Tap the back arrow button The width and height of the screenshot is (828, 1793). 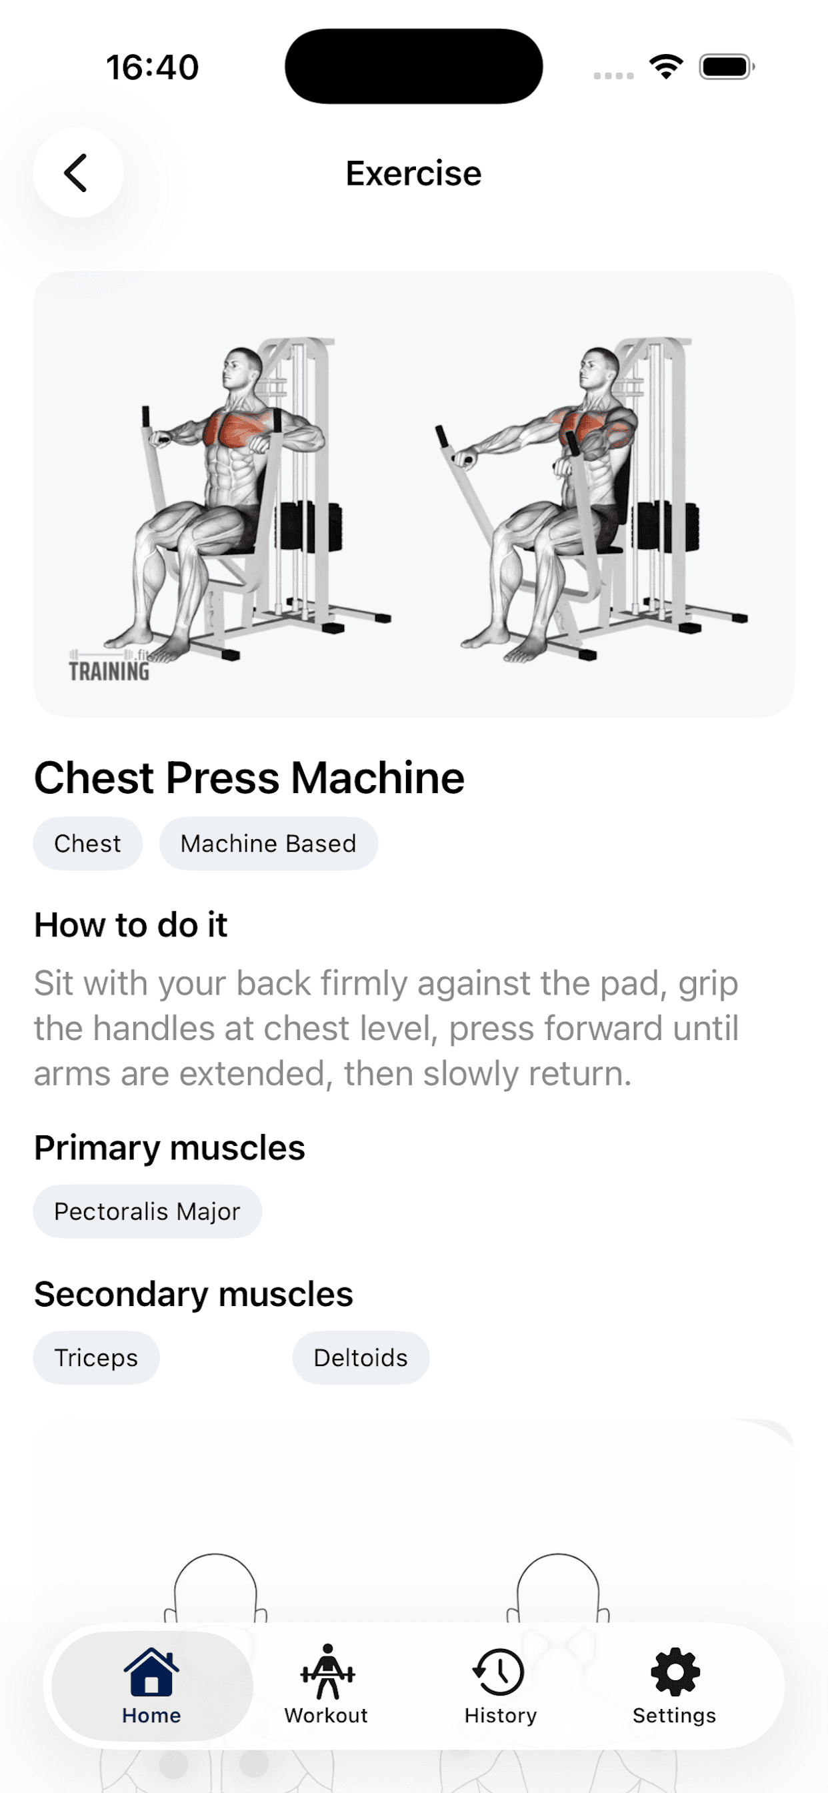tap(78, 173)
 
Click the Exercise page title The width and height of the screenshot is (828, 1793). tap(413, 173)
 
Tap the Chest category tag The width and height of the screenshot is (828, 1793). tap(88, 844)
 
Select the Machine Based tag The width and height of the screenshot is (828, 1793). tap(269, 844)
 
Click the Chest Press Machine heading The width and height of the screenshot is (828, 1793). tap(249, 778)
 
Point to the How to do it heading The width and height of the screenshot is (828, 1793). tap(131, 925)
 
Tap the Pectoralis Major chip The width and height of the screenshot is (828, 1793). tap(147, 1212)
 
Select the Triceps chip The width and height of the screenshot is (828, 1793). tap(97, 1358)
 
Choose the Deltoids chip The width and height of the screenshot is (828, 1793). tap(361, 1358)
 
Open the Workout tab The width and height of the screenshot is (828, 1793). tap(326, 1685)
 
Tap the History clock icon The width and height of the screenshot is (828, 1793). tap(499, 1671)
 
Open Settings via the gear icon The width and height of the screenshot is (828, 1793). tap(675, 1671)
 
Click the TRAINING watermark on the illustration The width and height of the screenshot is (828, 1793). tap(109, 671)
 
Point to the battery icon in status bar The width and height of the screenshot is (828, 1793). tap(727, 67)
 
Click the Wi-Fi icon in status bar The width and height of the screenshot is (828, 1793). tap(666, 66)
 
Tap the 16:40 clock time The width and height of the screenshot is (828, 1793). tap(153, 67)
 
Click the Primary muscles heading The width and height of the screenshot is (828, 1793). tap(170, 1148)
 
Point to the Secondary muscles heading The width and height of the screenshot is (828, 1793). tap(193, 1294)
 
